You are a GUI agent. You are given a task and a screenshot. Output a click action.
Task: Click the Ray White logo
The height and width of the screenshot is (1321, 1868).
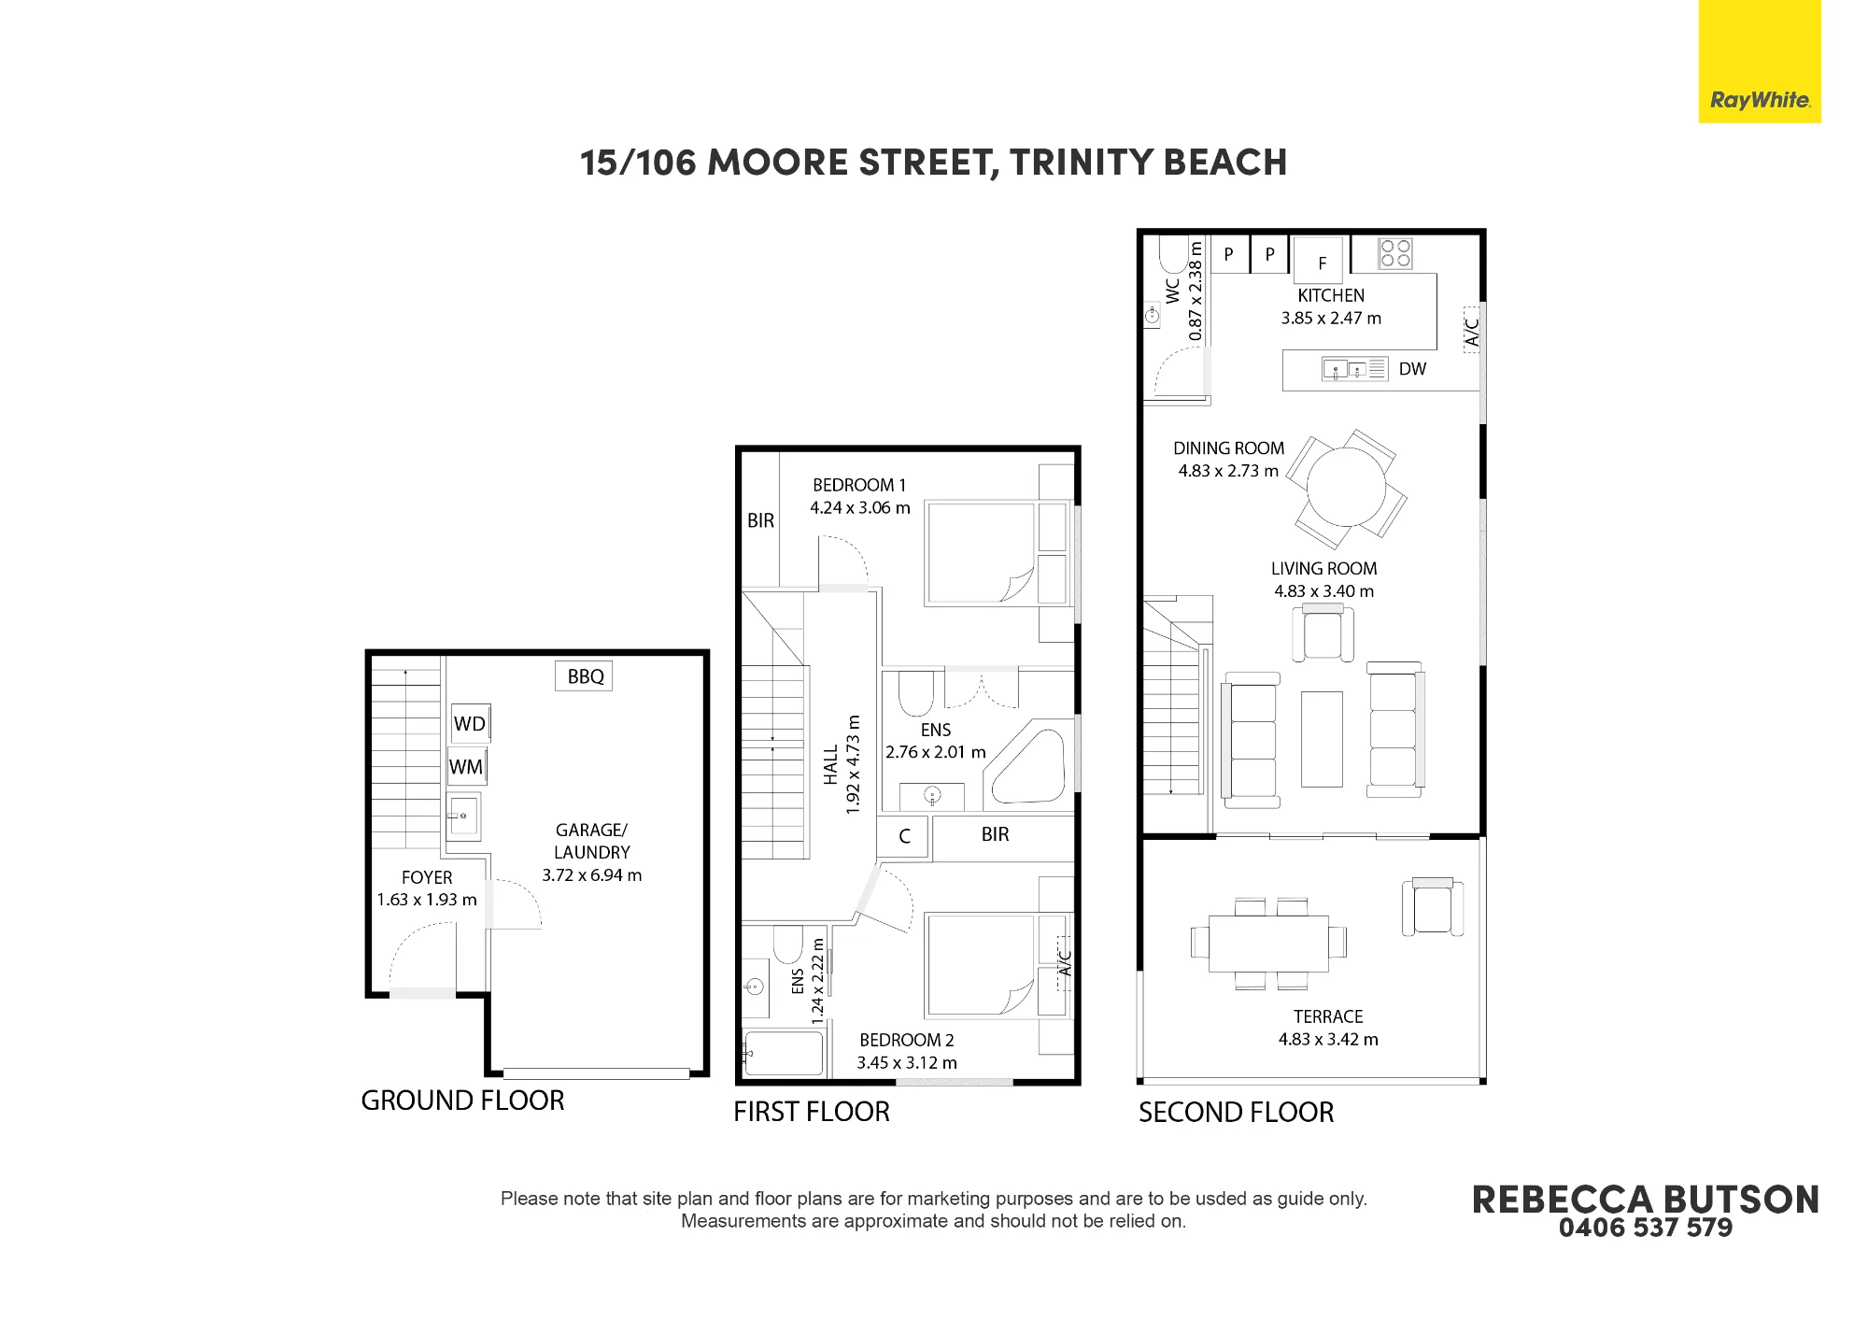click(1760, 62)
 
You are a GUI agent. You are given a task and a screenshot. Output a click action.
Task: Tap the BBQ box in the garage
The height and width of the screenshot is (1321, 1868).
click(584, 676)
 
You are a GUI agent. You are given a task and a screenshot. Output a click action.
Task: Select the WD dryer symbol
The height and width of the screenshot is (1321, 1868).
click(470, 723)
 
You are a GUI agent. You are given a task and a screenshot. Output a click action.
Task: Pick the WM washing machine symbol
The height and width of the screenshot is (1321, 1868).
click(466, 767)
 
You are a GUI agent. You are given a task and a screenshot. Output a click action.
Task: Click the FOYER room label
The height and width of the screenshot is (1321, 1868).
click(427, 877)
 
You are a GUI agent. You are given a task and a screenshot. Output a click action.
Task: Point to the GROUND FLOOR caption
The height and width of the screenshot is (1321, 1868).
click(462, 1101)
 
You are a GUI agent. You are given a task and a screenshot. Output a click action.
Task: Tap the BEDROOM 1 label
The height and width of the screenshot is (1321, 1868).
click(859, 485)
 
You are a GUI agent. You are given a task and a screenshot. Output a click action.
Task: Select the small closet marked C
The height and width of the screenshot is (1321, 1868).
click(903, 836)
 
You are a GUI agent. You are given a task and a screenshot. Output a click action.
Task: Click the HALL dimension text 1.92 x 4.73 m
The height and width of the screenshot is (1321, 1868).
click(852, 765)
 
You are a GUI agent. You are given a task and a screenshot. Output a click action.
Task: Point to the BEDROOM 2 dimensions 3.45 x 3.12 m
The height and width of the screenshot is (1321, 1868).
click(907, 1062)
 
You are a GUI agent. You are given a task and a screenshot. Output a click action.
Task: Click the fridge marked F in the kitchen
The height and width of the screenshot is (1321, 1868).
click(1320, 259)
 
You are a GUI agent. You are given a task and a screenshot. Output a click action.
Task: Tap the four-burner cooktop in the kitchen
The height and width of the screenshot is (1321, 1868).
click(1395, 253)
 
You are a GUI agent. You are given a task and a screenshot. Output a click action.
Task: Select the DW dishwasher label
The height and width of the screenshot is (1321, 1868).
click(1412, 369)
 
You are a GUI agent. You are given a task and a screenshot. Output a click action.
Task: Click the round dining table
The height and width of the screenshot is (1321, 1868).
click(1346, 488)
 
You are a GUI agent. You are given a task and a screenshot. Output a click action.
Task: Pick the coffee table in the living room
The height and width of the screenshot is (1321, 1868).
click(1322, 739)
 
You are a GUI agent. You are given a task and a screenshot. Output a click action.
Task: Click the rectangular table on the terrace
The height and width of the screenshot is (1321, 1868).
click(1268, 944)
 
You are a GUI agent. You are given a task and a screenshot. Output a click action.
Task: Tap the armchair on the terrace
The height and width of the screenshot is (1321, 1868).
click(1432, 907)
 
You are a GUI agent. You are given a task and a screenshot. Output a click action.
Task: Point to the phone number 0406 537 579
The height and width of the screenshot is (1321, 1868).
click(1646, 1228)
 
